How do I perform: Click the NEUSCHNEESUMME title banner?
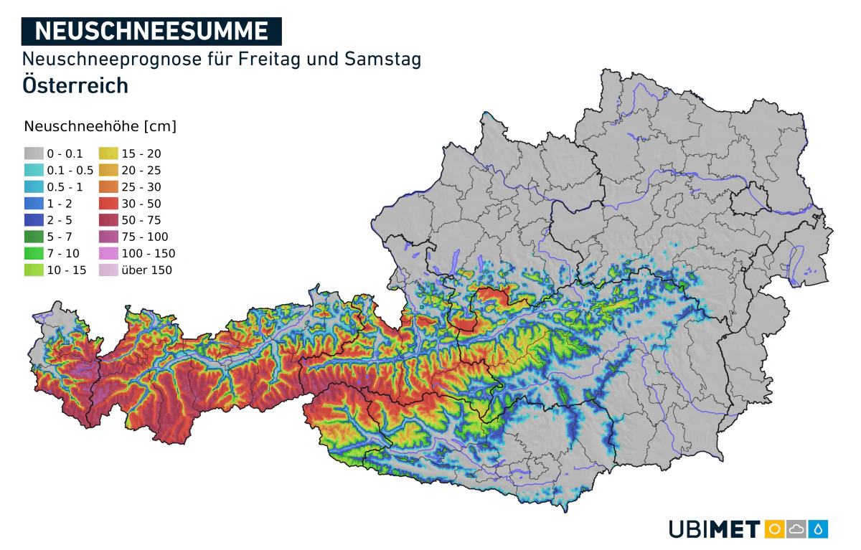(x=151, y=31)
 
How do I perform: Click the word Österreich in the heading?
(x=75, y=85)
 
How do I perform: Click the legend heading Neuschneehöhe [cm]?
(x=100, y=126)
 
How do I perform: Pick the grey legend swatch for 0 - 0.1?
(x=34, y=153)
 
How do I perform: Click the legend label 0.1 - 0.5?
(x=70, y=170)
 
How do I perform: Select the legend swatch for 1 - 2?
(x=34, y=204)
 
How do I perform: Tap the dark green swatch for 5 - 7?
(x=34, y=237)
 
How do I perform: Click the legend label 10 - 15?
(x=66, y=270)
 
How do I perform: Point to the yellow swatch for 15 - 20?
(x=108, y=153)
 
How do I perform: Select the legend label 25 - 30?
(x=141, y=187)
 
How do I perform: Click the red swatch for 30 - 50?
(x=108, y=204)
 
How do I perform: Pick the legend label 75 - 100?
(x=144, y=237)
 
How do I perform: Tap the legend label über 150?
(x=147, y=270)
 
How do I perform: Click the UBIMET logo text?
(x=714, y=530)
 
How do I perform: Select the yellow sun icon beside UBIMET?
(x=774, y=529)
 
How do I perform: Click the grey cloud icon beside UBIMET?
(x=796, y=529)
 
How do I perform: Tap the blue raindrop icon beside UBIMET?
(x=819, y=529)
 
